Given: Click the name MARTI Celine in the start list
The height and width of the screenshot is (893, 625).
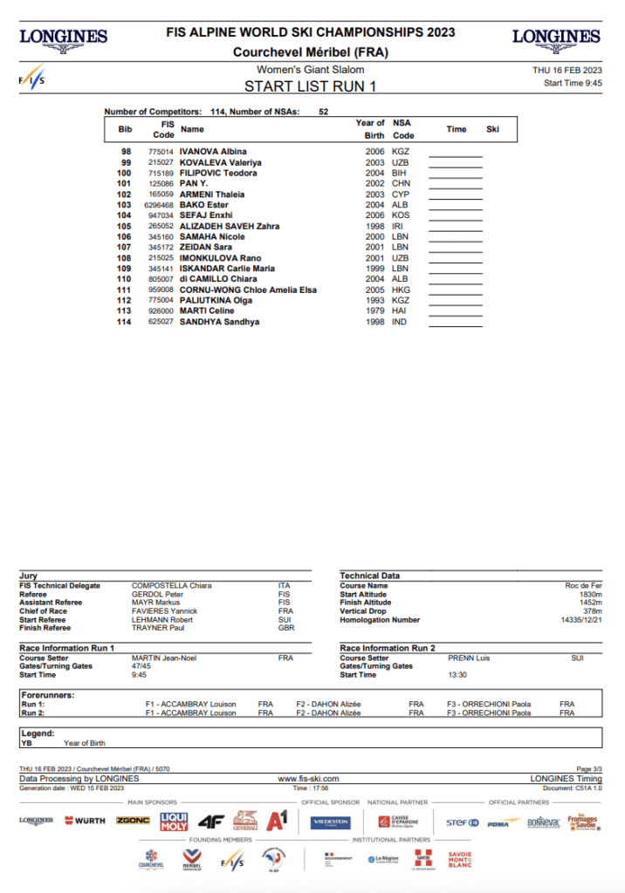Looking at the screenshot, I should click(207, 311).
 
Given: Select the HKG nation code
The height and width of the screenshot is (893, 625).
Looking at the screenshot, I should click(402, 290).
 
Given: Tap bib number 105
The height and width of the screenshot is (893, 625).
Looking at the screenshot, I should click(126, 226).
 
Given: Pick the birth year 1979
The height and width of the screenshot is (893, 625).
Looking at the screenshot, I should click(375, 311).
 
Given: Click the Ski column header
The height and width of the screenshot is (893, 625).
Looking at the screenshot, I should click(492, 130).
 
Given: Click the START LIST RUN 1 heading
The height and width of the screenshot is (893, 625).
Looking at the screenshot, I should click(310, 85).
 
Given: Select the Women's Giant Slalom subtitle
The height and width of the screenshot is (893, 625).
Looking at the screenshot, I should click(311, 69).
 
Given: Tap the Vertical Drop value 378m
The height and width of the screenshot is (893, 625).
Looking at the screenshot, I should click(592, 611).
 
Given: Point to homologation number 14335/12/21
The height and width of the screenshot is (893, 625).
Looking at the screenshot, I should click(579, 620).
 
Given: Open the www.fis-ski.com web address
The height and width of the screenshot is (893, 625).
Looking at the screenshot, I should click(308, 779).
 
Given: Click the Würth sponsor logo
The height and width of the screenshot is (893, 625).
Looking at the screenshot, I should click(86, 821).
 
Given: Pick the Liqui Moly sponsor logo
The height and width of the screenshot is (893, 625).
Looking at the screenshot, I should click(175, 821).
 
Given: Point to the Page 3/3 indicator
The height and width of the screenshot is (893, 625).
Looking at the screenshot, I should click(589, 769).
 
